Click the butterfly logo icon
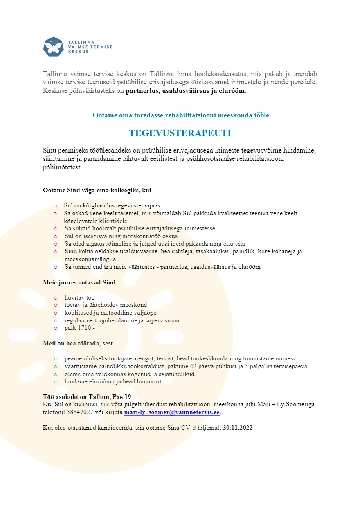coord(53,47)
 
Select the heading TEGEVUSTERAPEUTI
coord(180,133)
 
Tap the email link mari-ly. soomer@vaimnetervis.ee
coord(172,412)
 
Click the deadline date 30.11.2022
coord(238,428)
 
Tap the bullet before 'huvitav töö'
coord(55,298)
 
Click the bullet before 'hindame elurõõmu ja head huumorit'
coord(55,381)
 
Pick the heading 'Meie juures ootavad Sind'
coord(79,282)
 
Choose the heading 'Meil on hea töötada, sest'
coord(78,343)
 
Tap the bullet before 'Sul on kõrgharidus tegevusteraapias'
coord(55,206)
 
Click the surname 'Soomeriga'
coord(300,405)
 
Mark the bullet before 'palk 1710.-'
coord(55,328)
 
